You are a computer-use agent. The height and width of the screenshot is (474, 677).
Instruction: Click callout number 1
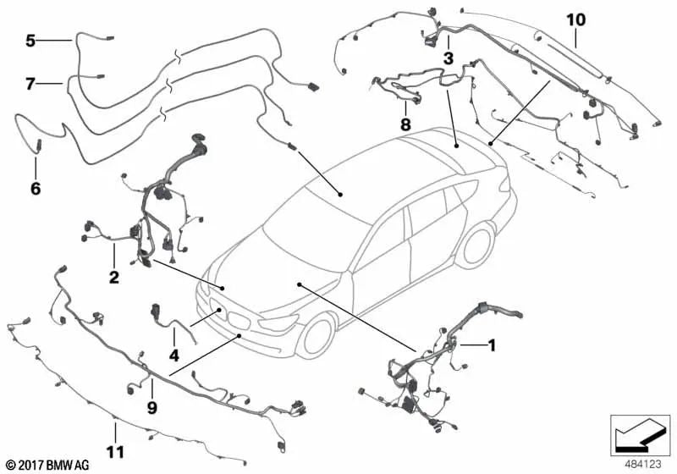coord(491,345)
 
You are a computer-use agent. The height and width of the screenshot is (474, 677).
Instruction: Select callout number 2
coord(113,277)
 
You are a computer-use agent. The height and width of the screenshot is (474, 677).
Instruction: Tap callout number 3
coord(449,58)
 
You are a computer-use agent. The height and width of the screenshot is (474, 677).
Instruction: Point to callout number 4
coord(173,355)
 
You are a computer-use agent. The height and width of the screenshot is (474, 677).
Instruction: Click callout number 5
coord(30,41)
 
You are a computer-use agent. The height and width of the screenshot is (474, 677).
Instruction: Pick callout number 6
coord(36,188)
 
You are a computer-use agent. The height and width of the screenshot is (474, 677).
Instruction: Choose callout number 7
coord(30,84)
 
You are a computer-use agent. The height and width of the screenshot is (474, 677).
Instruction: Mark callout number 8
coord(405,124)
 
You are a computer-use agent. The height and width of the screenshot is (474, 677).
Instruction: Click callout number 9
coord(152,407)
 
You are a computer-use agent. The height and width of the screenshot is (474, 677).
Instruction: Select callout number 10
coord(576,19)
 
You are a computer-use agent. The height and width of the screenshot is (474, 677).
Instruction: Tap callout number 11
coord(115,452)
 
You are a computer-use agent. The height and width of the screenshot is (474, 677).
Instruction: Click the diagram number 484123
coord(643,465)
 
